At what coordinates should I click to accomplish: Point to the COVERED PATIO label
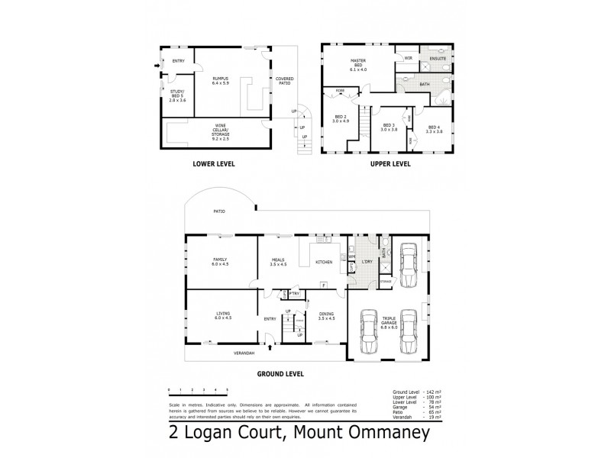click(x=284, y=80)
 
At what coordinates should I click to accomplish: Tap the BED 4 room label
click(x=434, y=129)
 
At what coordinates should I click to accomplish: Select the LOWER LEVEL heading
click(x=214, y=163)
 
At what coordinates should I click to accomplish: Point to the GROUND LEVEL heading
click(x=280, y=374)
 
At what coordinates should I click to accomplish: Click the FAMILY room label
click(x=220, y=262)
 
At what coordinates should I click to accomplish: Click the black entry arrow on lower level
click(x=158, y=66)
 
